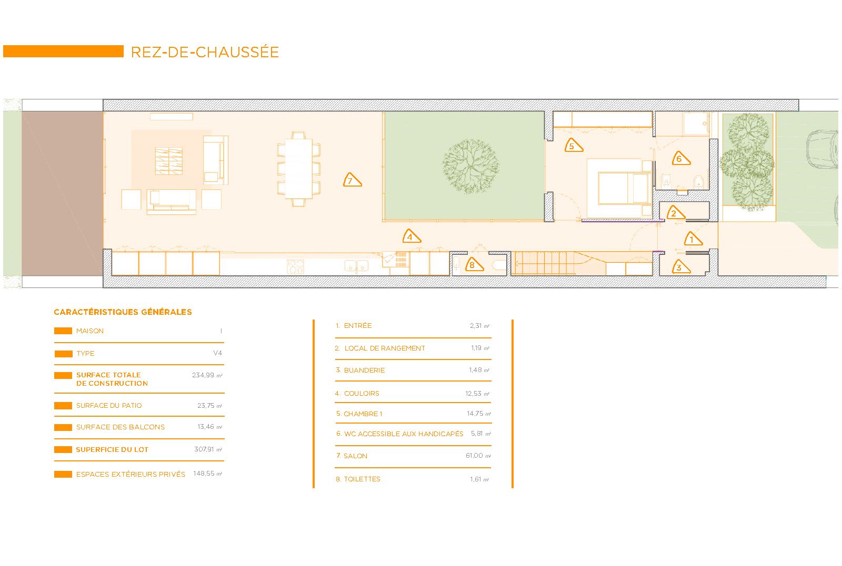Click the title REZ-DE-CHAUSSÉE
205,52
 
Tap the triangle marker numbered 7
352,180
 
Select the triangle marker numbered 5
573,146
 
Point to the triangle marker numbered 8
474,265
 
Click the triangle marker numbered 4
411,236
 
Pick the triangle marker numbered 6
681,158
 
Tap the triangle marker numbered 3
681,267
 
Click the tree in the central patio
470,166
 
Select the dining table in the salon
298,169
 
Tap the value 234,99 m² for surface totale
207,375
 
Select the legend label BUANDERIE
364,371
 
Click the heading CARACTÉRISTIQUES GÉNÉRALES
123,312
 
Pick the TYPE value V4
218,353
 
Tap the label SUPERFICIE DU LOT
112,450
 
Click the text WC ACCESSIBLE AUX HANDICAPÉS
404,434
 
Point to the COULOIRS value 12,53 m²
477,393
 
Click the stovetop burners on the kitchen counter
295,266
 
